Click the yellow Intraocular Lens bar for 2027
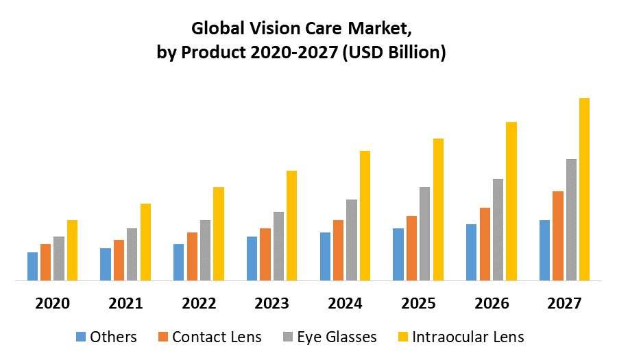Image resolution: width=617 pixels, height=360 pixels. [584, 189]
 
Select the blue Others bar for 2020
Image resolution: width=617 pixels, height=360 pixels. [32, 267]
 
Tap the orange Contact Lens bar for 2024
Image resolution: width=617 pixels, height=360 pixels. [338, 250]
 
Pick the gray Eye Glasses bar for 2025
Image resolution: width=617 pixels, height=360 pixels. [424, 234]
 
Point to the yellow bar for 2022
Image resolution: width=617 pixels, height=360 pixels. [218, 234]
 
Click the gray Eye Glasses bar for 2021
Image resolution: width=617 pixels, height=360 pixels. [132, 254]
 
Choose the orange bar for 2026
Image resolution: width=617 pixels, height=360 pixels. [485, 244]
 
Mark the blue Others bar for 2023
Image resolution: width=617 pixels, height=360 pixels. [252, 259]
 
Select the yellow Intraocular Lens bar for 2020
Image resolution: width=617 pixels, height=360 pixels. [72, 250]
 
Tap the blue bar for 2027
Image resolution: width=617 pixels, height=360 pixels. [544, 250]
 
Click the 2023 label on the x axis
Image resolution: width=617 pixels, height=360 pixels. [272, 303]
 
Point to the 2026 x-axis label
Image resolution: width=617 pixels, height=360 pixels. [492, 303]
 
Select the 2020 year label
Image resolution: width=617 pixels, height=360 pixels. [52, 303]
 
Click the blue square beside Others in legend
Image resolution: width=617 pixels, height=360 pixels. [81, 337]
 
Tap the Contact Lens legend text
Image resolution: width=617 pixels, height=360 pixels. [217, 337]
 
